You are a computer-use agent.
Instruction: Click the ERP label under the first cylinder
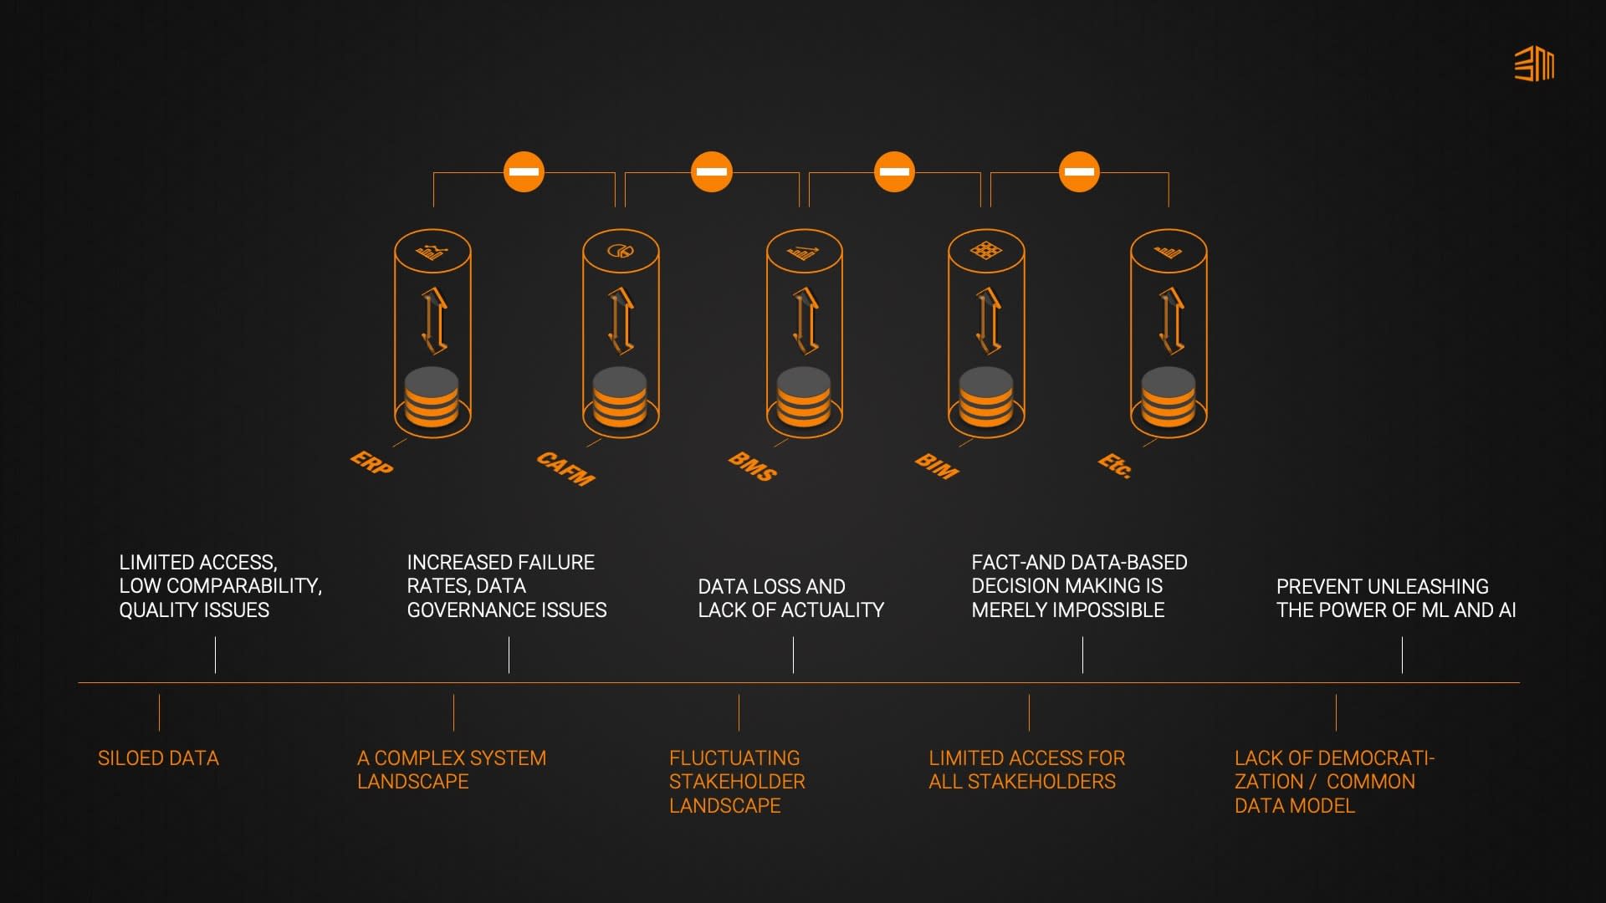click(371, 462)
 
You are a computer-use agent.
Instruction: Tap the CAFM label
click(566, 468)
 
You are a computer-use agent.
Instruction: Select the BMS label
click(753, 466)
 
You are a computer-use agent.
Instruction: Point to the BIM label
click(937, 466)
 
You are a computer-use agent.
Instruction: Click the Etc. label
click(1116, 465)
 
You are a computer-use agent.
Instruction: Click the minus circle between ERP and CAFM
click(524, 172)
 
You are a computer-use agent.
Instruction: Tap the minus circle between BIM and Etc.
click(1079, 172)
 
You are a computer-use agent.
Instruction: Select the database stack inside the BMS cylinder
click(804, 399)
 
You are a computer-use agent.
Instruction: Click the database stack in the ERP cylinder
click(432, 399)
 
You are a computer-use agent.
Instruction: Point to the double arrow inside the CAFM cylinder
click(621, 321)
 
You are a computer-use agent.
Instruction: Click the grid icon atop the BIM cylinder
click(986, 251)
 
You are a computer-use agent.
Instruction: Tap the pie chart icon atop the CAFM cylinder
click(621, 251)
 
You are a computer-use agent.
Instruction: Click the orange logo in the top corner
click(1534, 64)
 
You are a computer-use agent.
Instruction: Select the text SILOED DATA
click(158, 758)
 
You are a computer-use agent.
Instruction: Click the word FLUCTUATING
click(734, 758)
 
